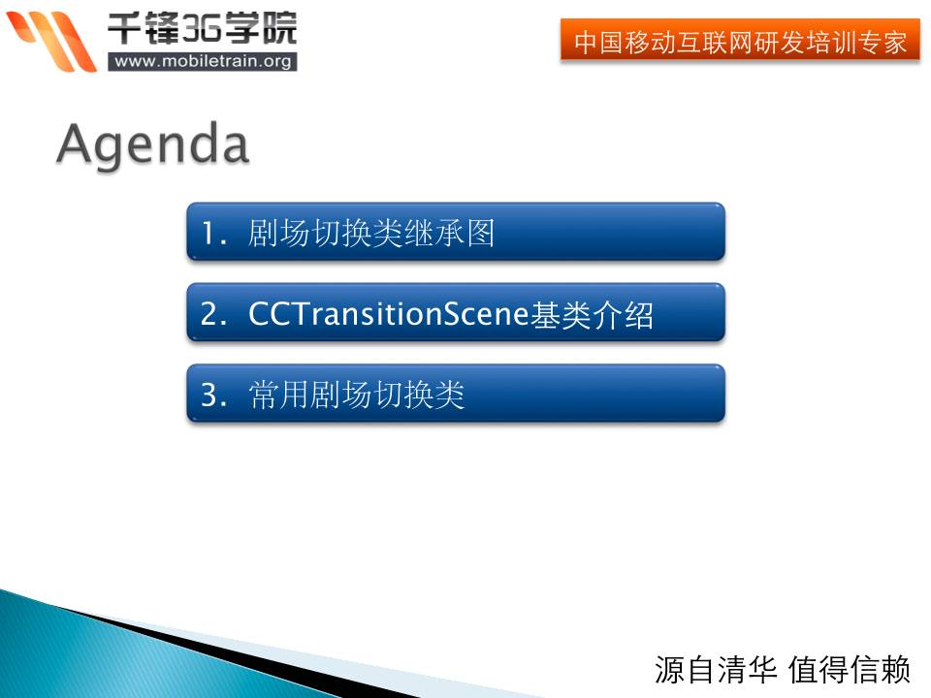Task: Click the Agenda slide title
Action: coord(152,145)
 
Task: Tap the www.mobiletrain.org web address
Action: coord(203,61)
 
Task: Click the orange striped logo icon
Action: coord(50,41)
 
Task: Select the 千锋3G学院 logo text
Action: coord(202,28)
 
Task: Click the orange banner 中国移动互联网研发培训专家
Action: coord(740,40)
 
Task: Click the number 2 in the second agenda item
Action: coord(209,313)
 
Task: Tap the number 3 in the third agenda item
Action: coord(209,395)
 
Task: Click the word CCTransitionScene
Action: coord(388,313)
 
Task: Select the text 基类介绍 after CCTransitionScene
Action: coord(592,314)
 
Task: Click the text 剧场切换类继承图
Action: coord(371,233)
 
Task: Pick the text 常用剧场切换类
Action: coord(356,395)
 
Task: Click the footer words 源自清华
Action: coord(716,670)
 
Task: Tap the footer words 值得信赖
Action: coord(850,670)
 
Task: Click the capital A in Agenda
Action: coord(75,143)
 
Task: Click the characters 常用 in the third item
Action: coord(278,395)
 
